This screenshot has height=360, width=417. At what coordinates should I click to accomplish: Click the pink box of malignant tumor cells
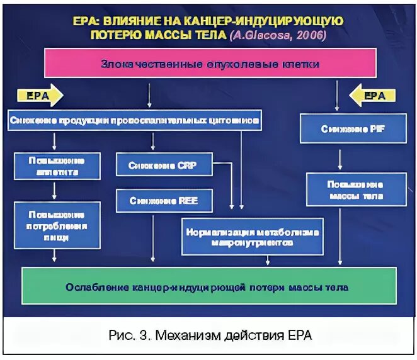(x=210, y=64)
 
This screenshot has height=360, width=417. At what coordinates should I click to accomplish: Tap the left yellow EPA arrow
(x=41, y=96)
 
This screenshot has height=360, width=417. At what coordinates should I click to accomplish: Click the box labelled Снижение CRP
(x=164, y=166)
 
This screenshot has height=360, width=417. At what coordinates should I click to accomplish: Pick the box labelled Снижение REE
(x=164, y=201)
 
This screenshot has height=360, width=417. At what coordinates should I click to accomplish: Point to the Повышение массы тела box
(x=355, y=190)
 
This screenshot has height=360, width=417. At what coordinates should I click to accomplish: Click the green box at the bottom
(x=209, y=287)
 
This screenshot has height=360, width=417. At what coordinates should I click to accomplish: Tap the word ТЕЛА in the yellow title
(x=208, y=35)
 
